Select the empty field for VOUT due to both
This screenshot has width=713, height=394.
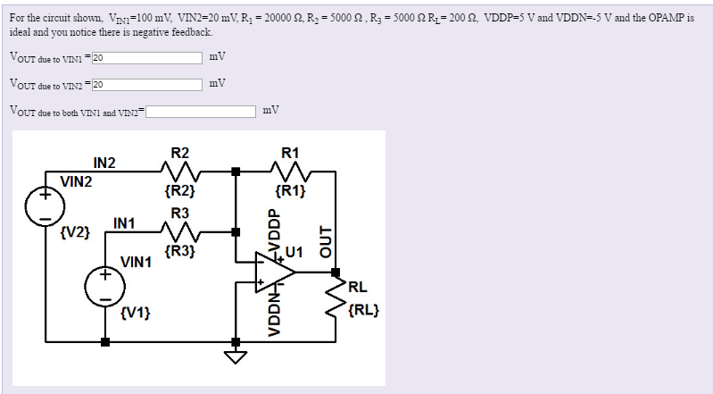202,112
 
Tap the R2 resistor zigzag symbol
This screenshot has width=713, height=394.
179,171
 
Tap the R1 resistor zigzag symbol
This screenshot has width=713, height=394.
292,171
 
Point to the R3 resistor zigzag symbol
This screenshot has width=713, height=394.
179,231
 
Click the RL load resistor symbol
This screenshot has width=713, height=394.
337,299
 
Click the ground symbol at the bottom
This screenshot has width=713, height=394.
236,358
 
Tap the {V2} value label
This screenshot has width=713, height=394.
74,232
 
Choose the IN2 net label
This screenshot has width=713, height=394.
104,162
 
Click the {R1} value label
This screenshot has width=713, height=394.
292,190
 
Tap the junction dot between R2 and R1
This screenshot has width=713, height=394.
236,171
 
